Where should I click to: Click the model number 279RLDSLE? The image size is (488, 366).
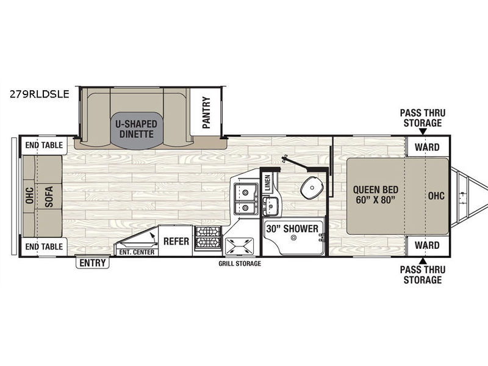click(x=40, y=94)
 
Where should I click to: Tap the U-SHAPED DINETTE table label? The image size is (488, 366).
click(x=136, y=129)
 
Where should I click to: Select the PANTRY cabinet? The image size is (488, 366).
click(x=206, y=113)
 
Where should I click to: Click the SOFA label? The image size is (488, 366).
click(x=49, y=196)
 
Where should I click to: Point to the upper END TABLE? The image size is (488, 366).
click(x=44, y=145)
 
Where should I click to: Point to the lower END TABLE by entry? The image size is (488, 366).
click(x=44, y=247)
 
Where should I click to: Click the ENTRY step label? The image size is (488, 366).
click(x=93, y=263)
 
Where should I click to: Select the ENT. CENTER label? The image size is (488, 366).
click(x=137, y=252)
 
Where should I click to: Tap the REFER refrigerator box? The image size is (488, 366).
click(x=176, y=241)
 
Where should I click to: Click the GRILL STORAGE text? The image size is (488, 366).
click(x=240, y=264)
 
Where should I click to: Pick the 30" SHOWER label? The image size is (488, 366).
click(x=292, y=229)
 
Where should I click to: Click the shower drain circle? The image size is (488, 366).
click(x=293, y=238)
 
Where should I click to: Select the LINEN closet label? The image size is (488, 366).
click(x=268, y=182)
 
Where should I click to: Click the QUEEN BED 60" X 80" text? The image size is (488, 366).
click(x=375, y=195)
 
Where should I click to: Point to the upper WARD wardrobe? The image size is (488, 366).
click(x=428, y=147)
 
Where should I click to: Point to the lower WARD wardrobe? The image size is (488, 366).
click(x=428, y=245)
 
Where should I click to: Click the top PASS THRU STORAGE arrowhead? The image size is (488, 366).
click(x=423, y=132)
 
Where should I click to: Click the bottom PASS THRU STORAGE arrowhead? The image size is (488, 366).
click(x=423, y=260)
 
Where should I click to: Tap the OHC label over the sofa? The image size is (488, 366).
click(x=29, y=196)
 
